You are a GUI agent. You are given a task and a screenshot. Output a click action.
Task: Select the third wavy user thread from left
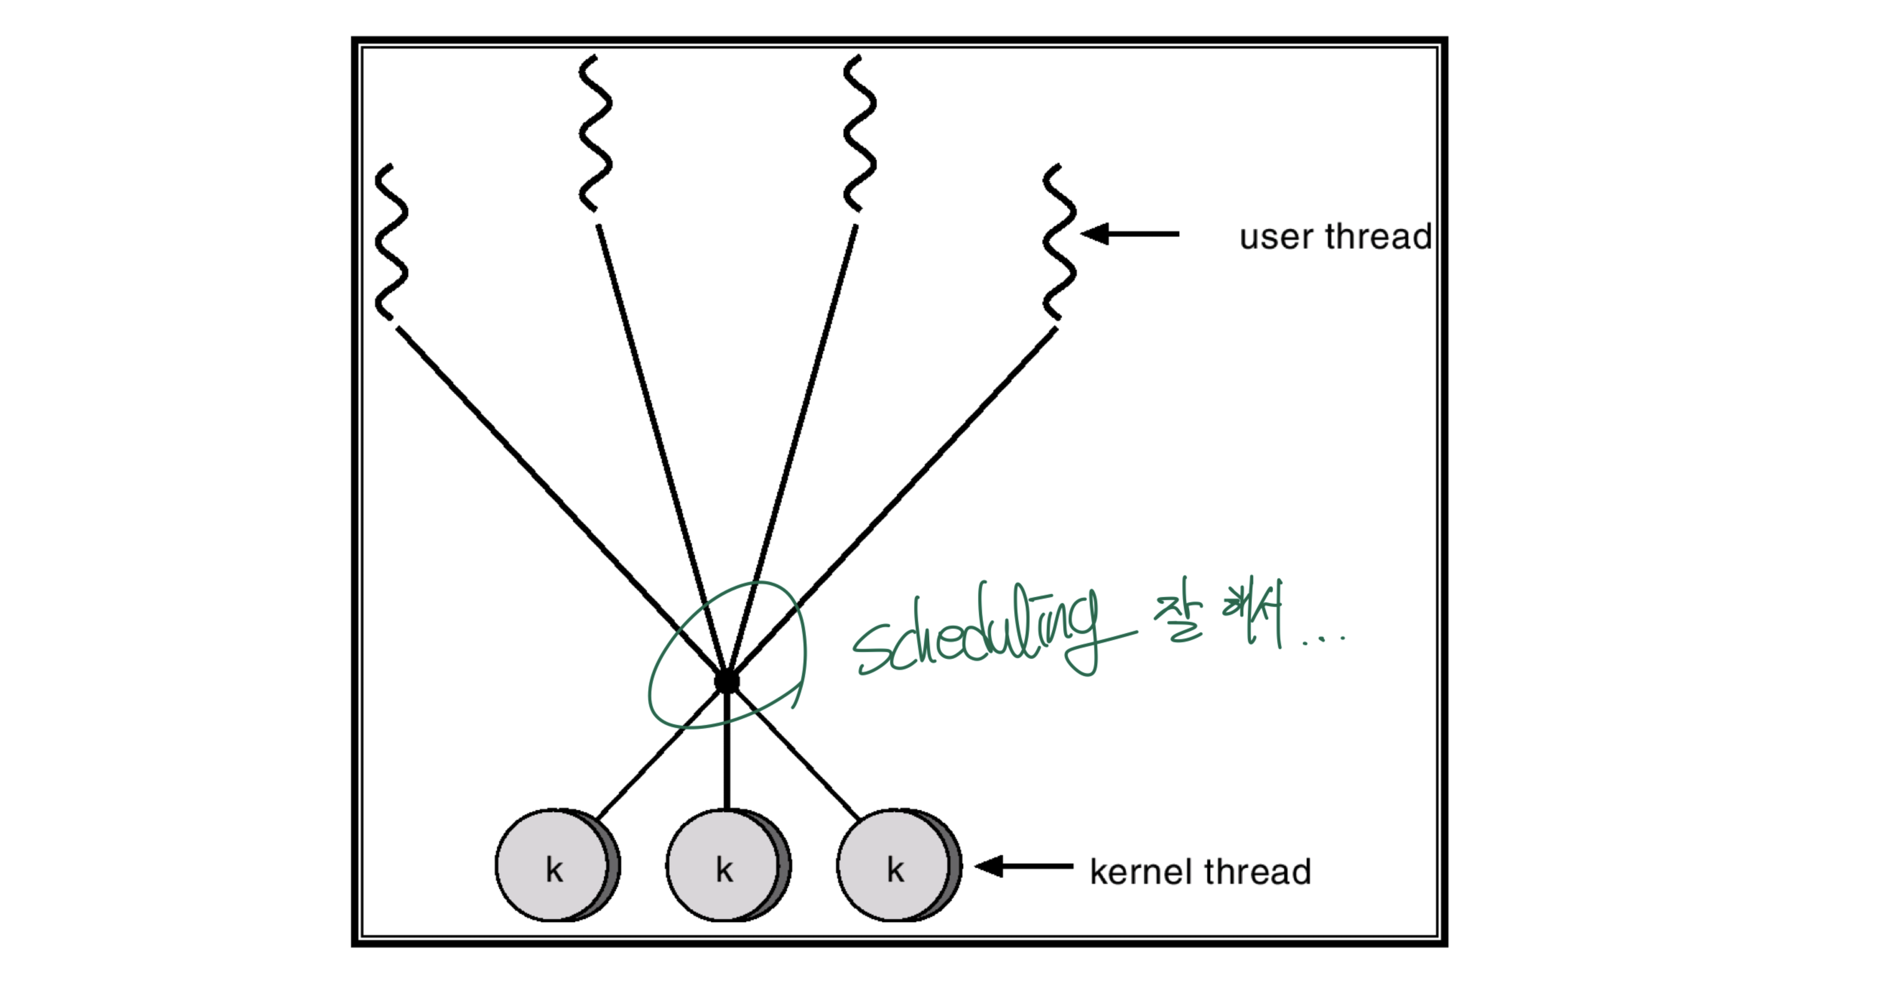point(859,133)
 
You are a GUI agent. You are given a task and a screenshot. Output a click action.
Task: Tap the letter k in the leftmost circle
point(554,870)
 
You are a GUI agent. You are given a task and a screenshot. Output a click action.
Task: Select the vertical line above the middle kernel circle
point(726,753)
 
